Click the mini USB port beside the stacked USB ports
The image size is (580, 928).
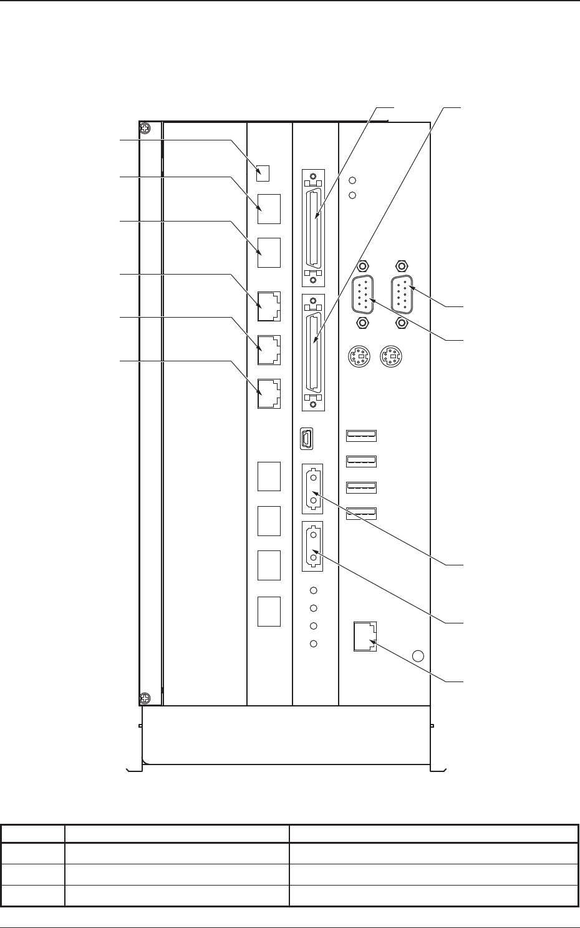coord(306,439)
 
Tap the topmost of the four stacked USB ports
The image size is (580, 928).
coord(361,435)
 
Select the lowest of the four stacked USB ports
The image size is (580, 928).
coord(361,513)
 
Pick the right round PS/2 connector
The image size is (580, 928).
coord(391,358)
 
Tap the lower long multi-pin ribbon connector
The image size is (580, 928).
coord(313,353)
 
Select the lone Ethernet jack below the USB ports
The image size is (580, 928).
coord(365,637)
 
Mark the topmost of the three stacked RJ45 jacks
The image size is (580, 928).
coord(269,306)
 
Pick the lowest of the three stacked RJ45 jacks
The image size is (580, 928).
coord(269,394)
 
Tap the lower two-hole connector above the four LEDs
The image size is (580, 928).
coord(312,545)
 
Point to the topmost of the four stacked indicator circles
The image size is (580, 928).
coord(314,590)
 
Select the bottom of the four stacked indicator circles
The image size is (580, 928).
coord(314,643)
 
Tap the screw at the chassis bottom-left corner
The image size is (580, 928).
coord(144,698)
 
